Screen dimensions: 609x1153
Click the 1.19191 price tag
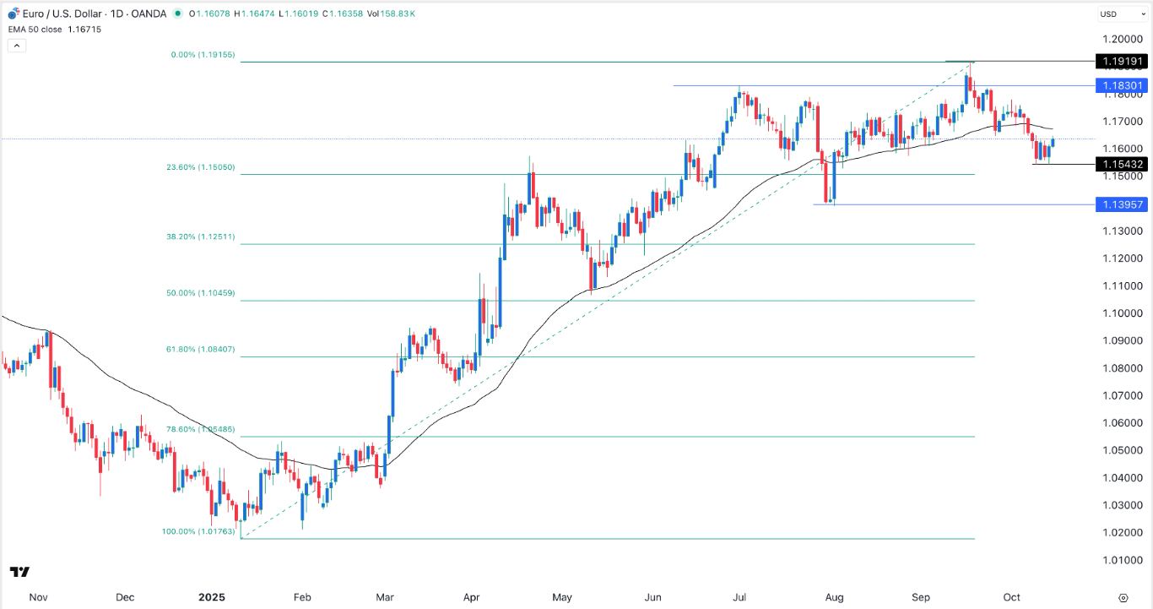click(1119, 62)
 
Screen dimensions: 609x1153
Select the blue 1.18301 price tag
click(1119, 86)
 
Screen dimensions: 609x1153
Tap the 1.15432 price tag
click(1119, 164)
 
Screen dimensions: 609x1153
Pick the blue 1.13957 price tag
click(1119, 204)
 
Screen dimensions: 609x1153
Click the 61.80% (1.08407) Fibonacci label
click(200, 349)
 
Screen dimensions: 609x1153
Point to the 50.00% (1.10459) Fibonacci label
click(200, 293)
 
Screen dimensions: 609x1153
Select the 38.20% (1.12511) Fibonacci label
click(200, 237)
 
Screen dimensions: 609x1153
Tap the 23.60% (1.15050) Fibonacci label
click(200, 168)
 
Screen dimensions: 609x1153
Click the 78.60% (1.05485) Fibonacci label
click(200, 429)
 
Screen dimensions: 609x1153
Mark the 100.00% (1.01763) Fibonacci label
click(198, 531)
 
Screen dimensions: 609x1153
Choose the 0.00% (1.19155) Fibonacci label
click(201, 55)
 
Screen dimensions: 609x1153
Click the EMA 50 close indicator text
click(38, 28)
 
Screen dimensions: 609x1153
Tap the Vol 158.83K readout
click(394, 14)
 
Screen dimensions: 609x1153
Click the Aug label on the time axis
click(833, 597)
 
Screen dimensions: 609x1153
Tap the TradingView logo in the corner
click(21, 572)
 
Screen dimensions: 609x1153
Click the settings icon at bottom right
click(1123, 597)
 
